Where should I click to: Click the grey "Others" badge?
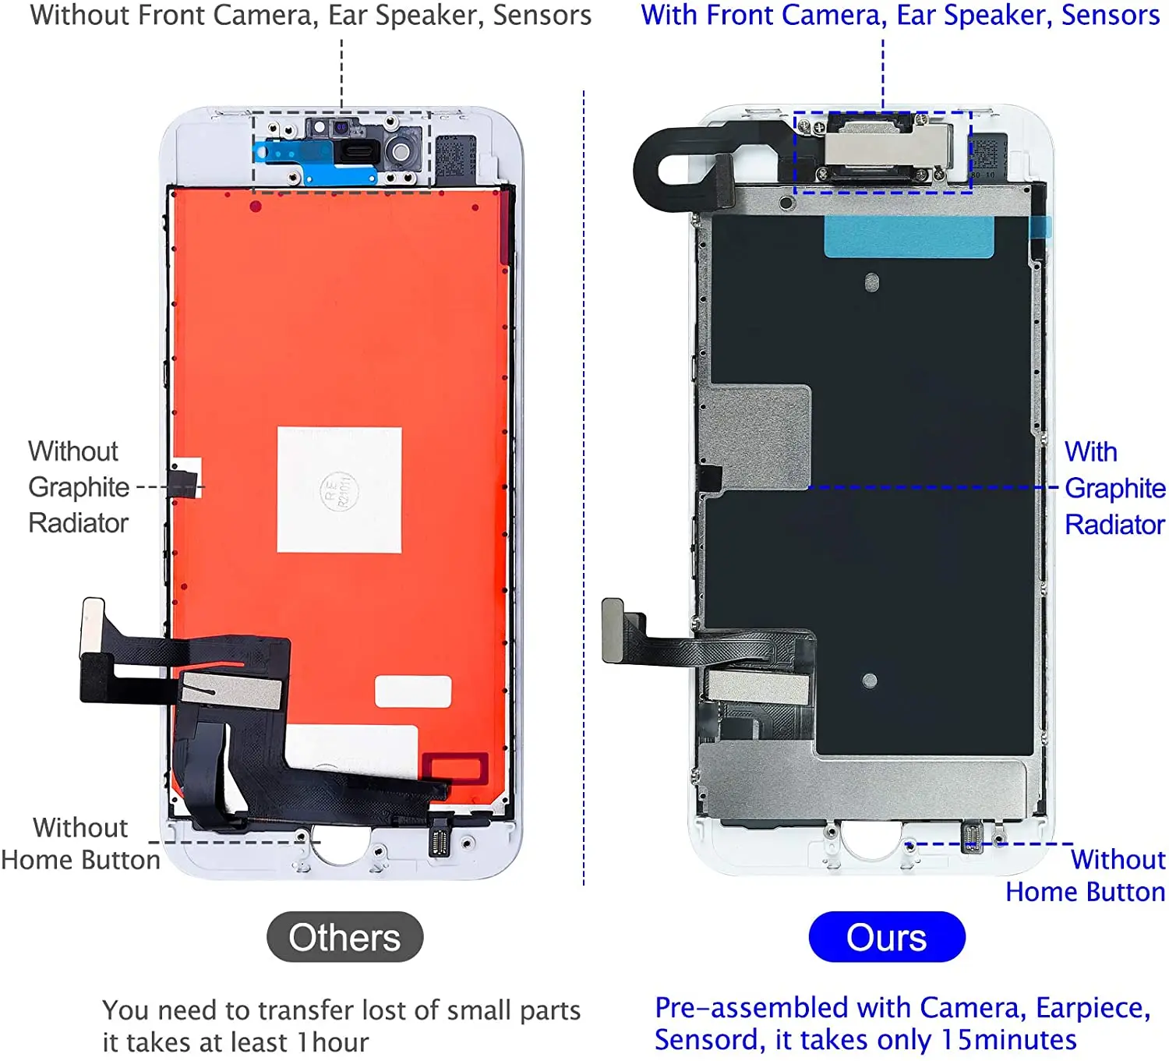[x=344, y=937]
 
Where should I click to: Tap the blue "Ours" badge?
[x=886, y=937]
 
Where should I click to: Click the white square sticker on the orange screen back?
[x=339, y=490]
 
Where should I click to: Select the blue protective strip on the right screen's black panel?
[x=909, y=237]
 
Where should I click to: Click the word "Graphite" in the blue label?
[x=1114, y=489]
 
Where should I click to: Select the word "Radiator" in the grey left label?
[x=78, y=523]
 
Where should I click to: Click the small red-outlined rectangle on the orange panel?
[x=455, y=768]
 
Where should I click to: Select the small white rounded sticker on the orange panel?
[x=412, y=691]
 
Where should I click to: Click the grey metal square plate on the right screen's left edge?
[x=757, y=437]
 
